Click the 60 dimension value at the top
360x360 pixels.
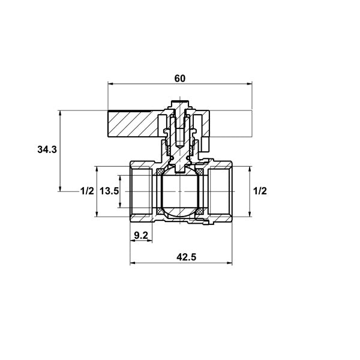point(179,79)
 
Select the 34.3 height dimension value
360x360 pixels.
point(47,149)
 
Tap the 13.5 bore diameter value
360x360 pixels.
point(109,191)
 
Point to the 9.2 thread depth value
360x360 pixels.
point(141,235)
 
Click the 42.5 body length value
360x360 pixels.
point(186,257)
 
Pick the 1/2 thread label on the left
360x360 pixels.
point(87,191)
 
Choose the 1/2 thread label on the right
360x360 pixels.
point(260,191)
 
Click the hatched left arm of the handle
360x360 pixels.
point(133,124)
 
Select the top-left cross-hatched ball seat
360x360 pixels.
point(160,171)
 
